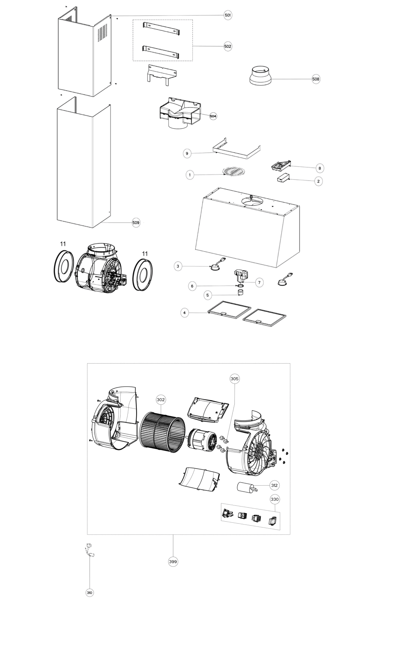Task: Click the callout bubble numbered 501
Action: pos(228,15)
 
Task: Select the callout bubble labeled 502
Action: pos(228,46)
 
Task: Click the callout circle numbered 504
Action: pos(213,116)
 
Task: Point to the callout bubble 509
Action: pos(136,223)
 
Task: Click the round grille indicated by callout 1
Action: pos(233,172)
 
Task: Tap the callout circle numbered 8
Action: pos(320,168)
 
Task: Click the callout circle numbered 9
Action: pos(187,153)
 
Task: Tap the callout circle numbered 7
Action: pos(259,282)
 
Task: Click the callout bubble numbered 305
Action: pos(234,379)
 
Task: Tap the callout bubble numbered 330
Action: pos(275,499)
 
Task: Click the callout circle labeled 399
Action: pos(173,562)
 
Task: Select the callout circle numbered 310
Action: pos(90,593)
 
